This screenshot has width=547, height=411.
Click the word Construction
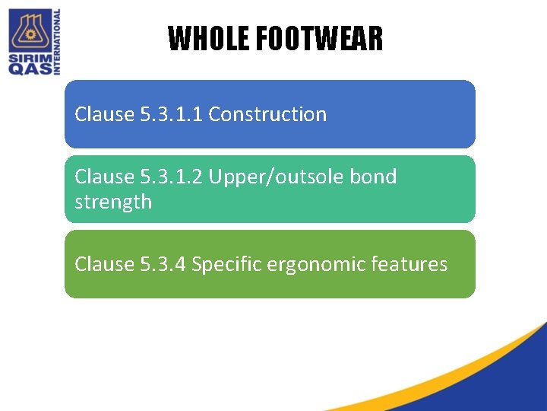267,114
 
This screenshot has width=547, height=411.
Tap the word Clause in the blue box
104,114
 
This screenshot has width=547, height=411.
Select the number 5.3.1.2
172,177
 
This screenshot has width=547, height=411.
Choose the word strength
113,202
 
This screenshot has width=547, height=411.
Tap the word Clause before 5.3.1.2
104,177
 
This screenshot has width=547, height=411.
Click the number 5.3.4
163,264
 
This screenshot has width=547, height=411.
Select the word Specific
225,264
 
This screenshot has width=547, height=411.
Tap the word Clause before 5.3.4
104,264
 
